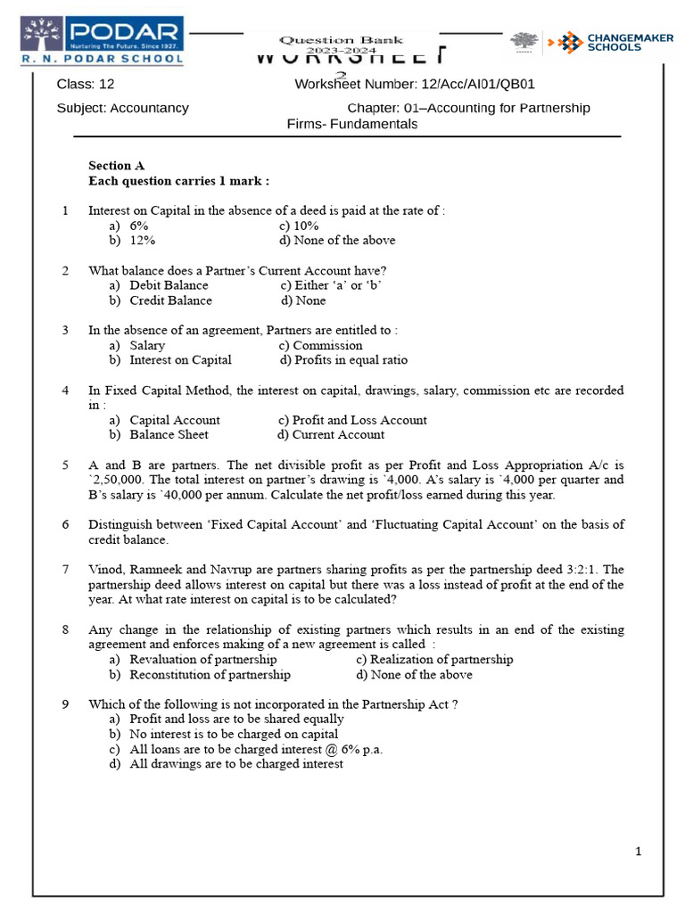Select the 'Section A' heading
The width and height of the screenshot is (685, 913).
116,165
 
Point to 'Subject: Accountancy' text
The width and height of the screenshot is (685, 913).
122,108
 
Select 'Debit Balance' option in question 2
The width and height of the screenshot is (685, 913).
169,285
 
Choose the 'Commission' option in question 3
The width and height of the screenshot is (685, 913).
327,345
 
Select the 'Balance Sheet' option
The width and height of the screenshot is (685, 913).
169,435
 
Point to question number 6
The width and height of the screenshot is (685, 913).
65,524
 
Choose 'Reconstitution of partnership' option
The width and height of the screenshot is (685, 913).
210,675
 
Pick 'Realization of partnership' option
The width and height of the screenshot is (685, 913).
442,660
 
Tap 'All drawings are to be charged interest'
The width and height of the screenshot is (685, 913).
235,764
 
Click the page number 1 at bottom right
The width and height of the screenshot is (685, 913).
638,851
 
